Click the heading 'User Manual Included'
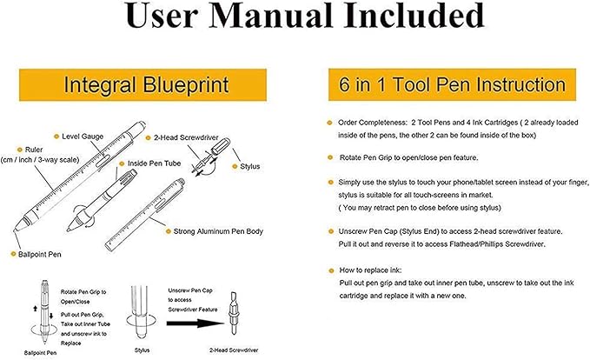(x=295, y=20)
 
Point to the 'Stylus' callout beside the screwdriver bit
(x=252, y=163)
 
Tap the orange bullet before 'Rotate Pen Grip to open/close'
(x=329, y=157)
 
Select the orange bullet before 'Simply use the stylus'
(x=329, y=182)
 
